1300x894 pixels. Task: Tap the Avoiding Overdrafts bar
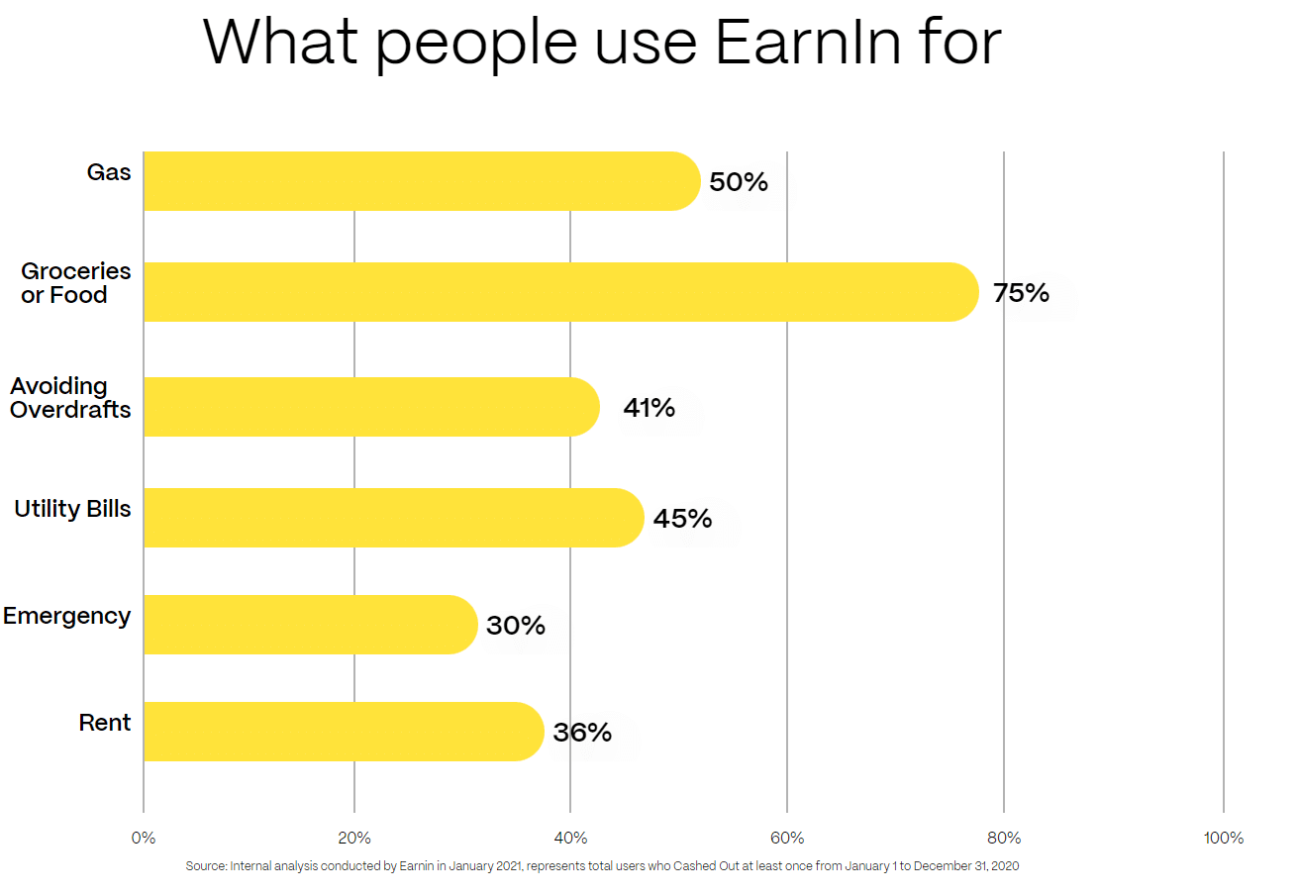(371, 407)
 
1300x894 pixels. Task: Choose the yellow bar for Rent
(343, 732)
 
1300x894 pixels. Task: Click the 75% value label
(1021, 293)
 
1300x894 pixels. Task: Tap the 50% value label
(739, 182)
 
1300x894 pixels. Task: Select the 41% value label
(650, 407)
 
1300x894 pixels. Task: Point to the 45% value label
(683, 518)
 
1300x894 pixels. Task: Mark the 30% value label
(516, 626)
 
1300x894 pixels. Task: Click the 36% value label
(582, 733)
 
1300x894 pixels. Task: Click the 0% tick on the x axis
(144, 839)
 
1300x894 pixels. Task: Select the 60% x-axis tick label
(787, 839)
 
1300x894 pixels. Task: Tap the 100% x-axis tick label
(1224, 839)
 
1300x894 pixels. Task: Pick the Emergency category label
(66, 616)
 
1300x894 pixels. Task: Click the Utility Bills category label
(72, 509)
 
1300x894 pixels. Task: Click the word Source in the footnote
(205, 866)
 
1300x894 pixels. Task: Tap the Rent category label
(105, 723)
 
